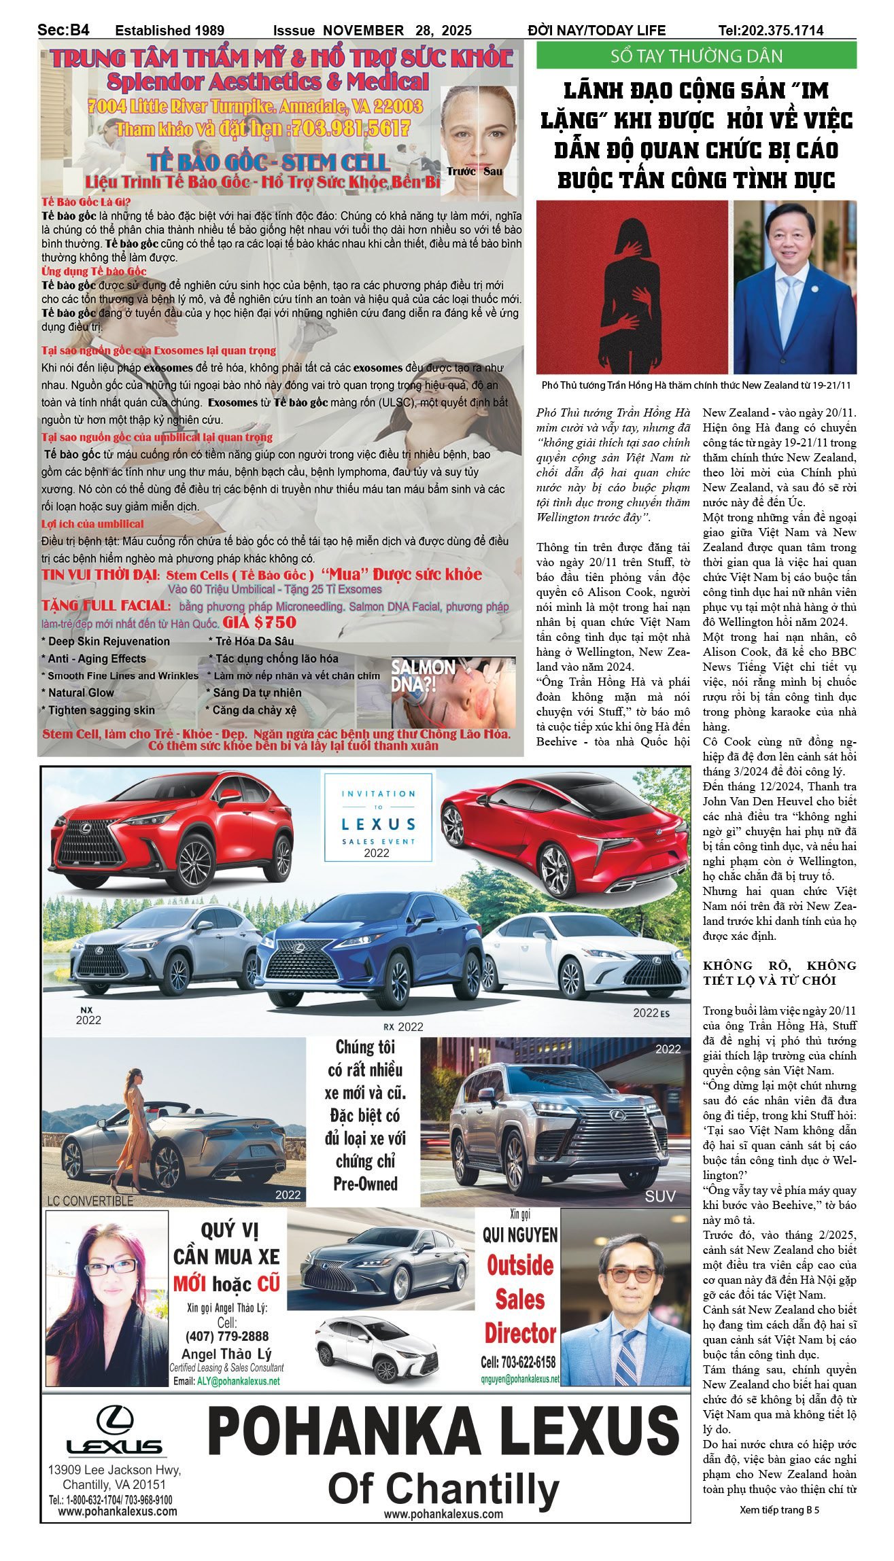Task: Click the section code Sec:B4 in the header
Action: click(x=64, y=29)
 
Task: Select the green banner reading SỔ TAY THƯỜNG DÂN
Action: click(x=696, y=56)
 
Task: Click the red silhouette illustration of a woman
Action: click(x=632, y=287)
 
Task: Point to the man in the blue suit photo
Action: click(x=794, y=287)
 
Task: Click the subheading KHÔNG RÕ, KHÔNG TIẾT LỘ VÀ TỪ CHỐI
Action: click(x=779, y=972)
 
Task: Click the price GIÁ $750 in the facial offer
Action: click(x=261, y=622)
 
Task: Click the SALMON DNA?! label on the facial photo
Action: click(x=414, y=675)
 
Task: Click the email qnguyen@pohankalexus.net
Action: click(x=520, y=1379)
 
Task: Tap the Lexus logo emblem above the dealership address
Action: click(x=114, y=1420)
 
